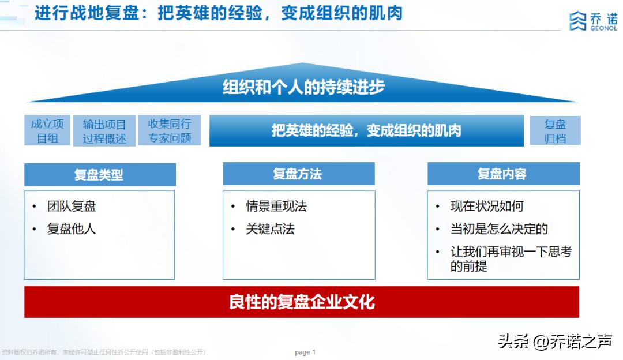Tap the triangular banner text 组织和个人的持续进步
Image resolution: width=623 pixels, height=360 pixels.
point(303,87)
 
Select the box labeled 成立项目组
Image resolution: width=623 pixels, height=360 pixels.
point(47,130)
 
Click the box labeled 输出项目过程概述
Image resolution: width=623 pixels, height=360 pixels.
point(104,131)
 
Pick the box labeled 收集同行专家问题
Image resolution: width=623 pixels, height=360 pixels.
point(170,130)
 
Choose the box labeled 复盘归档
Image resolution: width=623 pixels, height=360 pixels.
point(555,130)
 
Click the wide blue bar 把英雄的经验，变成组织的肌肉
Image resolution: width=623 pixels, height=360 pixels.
point(366,130)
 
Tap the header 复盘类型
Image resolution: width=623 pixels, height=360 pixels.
point(99,174)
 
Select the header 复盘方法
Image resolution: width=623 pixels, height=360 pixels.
point(298,174)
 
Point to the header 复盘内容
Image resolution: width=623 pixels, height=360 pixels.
point(502,174)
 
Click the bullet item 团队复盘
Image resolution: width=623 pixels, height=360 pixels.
point(72,206)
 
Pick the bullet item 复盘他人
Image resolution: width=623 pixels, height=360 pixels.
point(72,228)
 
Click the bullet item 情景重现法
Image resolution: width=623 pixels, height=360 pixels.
point(276,206)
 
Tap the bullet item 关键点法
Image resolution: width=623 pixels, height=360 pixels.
point(270,228)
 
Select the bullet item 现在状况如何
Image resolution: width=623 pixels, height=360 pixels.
point(487,206)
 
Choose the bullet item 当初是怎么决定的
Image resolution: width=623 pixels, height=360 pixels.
point(499,228)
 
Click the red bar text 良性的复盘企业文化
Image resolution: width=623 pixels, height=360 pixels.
point(302,302)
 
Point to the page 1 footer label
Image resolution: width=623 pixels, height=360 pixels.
point(305,352)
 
